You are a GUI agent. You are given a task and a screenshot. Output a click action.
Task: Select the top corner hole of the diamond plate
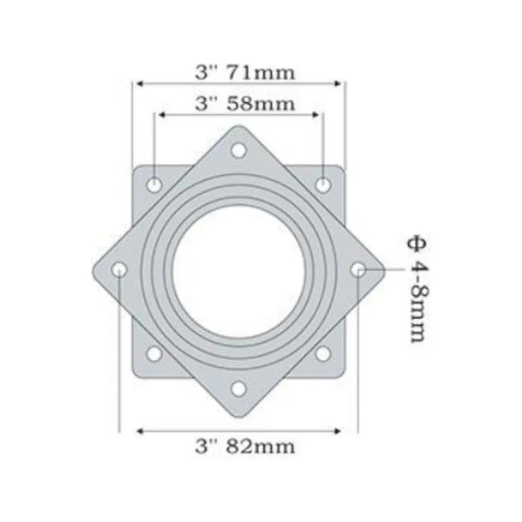[238, 151]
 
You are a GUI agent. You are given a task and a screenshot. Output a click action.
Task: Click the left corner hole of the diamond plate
[119, 270]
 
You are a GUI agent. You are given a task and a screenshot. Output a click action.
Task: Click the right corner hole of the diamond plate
[358, 270]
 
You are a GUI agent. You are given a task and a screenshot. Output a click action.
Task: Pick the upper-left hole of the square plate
[154, 184]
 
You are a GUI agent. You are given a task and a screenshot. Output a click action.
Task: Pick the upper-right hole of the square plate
[322, 184]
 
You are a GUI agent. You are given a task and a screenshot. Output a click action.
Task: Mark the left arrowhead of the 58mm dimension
[161, 115]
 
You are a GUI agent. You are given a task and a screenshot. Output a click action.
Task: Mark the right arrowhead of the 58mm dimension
[317, 115]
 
